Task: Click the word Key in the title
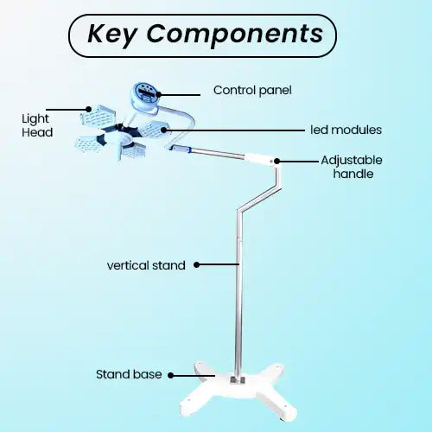pos(111,35)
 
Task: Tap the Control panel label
pos(252,91)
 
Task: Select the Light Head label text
pos(37,125)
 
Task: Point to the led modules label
pos(346,130)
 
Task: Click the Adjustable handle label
pos(352,167)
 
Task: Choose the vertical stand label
pos(146,265)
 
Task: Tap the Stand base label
pos(129,374)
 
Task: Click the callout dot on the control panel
pos(158,94)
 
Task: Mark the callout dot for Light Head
pos(89,109)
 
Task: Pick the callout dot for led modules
pos(163,130)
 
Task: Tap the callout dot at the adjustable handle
pos(276,161)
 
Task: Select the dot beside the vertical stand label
pos(196,264)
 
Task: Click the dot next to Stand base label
pos(170,375)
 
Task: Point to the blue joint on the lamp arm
pos(181,149)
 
